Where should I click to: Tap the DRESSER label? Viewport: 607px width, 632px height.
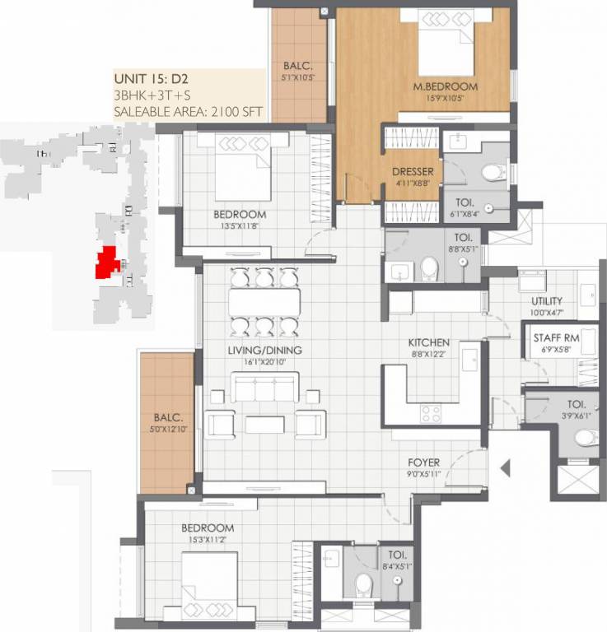point(413,172)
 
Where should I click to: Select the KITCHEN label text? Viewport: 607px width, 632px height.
point(429,342)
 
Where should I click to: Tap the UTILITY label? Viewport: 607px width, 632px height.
point(547,301)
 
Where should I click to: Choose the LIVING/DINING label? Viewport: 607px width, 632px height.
point(264,350)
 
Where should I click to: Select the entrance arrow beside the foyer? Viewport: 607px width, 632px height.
point(506,469)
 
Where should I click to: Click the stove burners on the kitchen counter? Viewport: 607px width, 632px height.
point(431,412)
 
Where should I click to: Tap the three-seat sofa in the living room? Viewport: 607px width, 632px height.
point(264,387)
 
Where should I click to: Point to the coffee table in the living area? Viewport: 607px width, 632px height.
point(264,425)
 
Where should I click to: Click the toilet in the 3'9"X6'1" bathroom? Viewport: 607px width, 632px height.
point(585,436)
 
